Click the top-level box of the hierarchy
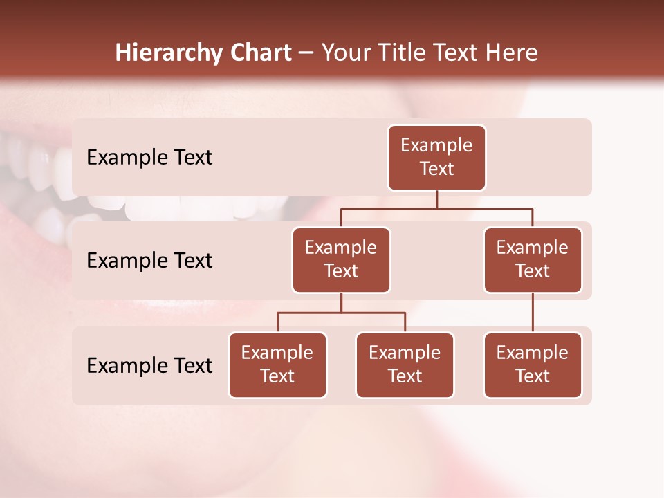(436, 158)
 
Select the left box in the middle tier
(341, 260)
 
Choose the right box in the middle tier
(533, 260)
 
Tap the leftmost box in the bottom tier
(277, 365)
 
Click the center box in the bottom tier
(405, 365)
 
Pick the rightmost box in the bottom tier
(533, 365)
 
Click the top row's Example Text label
(149, 158)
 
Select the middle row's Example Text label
(149, 261)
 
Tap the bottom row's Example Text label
(149, 366)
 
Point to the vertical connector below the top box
(436, 199)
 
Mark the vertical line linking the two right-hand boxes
(533, 313)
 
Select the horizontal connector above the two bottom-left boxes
(341, 313)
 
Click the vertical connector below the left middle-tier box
(341, 302)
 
